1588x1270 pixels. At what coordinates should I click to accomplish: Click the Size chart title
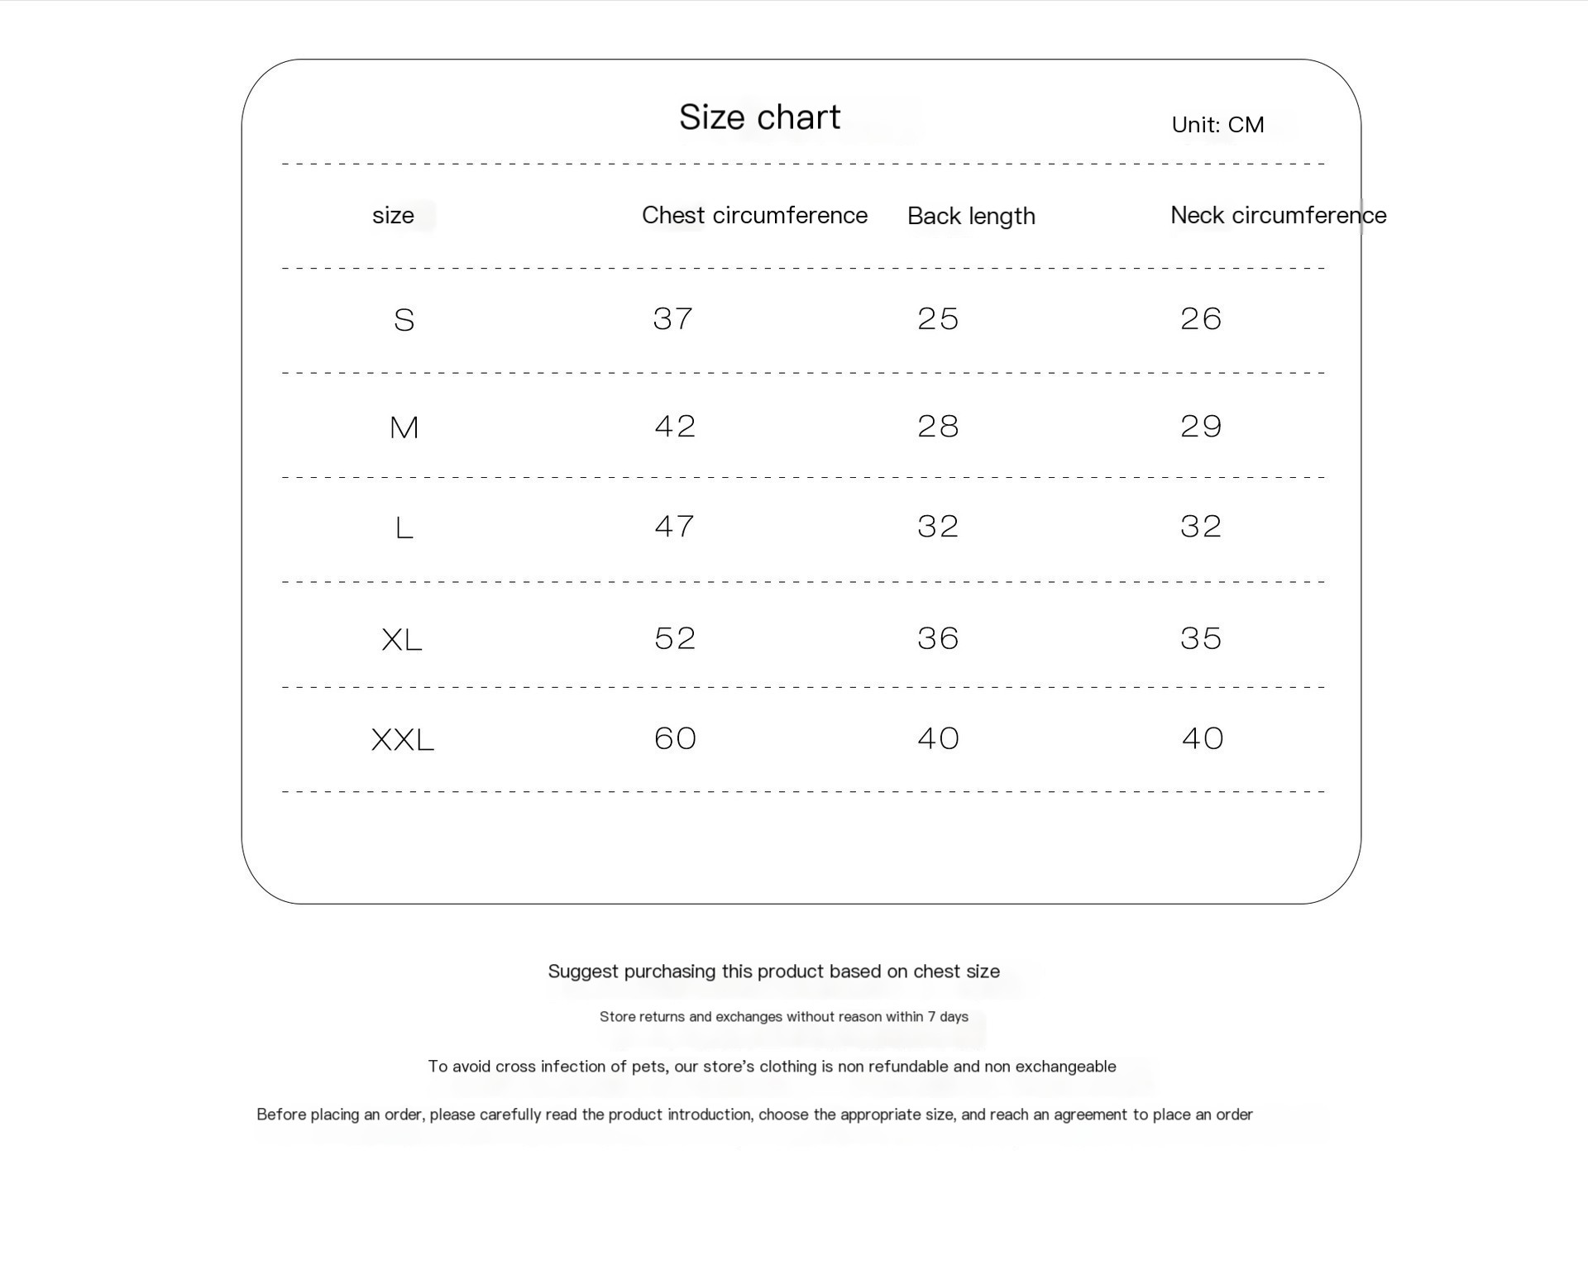tap(759, 117)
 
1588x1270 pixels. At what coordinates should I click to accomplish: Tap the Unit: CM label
tap(1217, 125)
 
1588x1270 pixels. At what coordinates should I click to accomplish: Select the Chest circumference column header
tap(754, 216)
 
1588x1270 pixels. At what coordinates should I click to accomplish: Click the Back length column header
tap(971, 217)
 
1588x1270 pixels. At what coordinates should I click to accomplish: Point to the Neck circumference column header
tap(1278, 216)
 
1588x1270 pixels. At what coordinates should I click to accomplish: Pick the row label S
tap(404, 320)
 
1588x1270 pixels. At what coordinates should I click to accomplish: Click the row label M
tap(404, 427)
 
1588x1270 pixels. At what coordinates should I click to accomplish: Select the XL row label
tap(402, 640)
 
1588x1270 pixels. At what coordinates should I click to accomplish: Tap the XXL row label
tap(403, 740)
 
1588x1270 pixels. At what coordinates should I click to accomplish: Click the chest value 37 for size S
tap(672, 319)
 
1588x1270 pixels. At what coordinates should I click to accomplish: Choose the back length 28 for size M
tap(938, 427)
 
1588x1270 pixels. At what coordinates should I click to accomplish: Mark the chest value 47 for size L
tap(674, 527)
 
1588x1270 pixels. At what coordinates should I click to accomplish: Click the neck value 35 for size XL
tap(1201, 638)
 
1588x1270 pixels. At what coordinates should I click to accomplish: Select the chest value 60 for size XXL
tap(675, 738)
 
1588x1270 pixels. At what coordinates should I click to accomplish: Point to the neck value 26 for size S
tap(1201, 319)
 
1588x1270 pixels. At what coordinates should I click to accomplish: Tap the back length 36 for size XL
tap(938, 638)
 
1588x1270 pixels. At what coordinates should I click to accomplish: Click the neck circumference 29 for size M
tap(1201, 427)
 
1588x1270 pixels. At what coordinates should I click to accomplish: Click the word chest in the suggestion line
tap(930, 972)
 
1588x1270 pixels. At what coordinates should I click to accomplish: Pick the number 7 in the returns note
tap(931, 1017)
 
